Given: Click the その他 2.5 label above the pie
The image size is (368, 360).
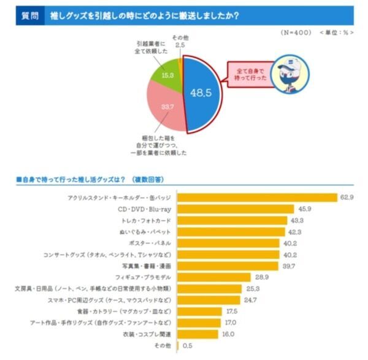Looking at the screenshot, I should (x=180, y=42).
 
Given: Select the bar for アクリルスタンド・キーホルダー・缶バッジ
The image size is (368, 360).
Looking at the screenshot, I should (x=257, y=197).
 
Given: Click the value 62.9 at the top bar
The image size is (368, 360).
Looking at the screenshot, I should (x=347, y=197).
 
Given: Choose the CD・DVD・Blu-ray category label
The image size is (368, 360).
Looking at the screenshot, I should (x=144, y=209).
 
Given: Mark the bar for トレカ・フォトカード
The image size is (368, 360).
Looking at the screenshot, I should (x=232, y=220).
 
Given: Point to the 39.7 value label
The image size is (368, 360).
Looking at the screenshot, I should (x=287, y=266).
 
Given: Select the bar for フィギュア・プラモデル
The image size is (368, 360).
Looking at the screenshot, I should (x=213, y=277).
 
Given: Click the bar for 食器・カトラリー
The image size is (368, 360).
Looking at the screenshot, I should (x=199, y=312).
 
